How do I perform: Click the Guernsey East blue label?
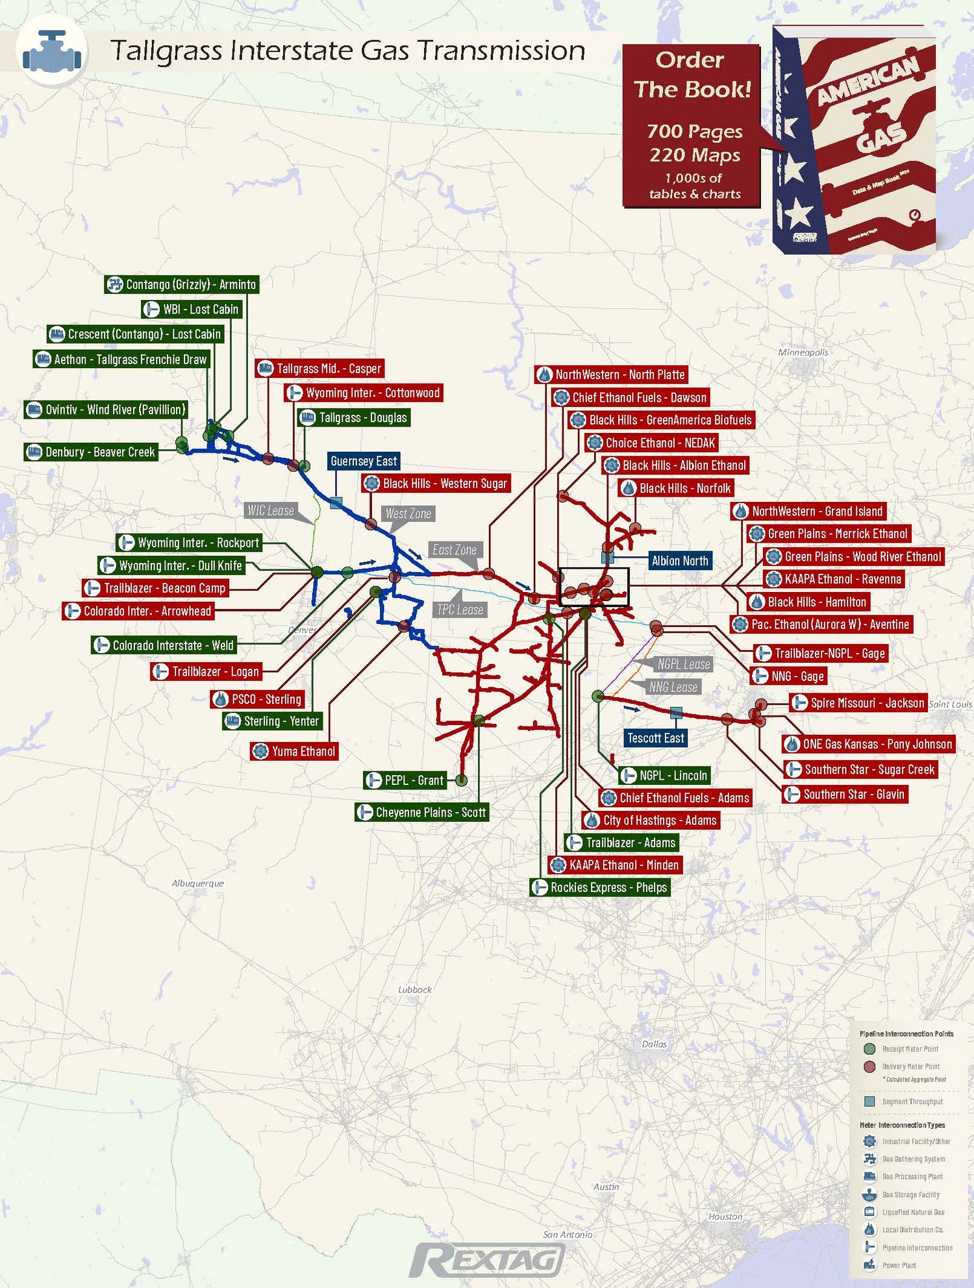364,462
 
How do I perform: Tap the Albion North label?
680,561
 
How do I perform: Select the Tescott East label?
655,738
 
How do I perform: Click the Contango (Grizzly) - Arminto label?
182,284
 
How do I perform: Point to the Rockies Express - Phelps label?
600,887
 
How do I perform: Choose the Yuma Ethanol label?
295,752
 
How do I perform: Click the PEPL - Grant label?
406,780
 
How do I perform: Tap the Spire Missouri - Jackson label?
858,703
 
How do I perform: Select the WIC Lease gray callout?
271,511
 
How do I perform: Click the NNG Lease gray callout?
673,687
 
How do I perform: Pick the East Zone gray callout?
455,550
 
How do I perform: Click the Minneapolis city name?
803,352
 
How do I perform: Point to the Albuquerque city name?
197,884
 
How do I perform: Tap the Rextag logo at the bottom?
488,1260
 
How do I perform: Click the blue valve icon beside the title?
52,51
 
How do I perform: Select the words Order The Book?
692,75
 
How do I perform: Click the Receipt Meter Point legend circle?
869,1048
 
